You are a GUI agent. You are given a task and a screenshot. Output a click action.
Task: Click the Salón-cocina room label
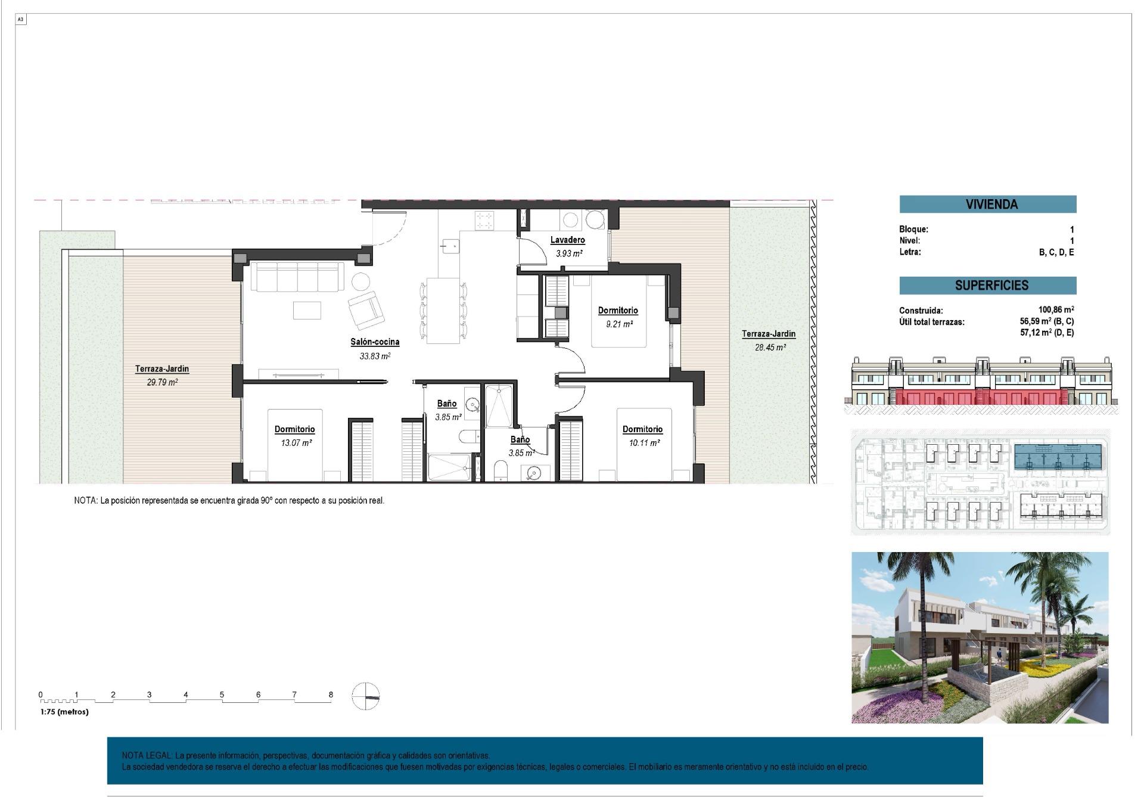(x=374, y=342)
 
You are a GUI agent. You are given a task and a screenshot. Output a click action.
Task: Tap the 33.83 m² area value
(x=374, y=357)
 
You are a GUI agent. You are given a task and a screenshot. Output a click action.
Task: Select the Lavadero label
(x=567, y=240)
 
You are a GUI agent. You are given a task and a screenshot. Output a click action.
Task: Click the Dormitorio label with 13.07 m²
(x=294, y=429)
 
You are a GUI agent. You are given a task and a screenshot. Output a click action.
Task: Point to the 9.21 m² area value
(x=618, y=324)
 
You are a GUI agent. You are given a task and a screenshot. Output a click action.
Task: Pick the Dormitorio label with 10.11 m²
(x=642, y=429)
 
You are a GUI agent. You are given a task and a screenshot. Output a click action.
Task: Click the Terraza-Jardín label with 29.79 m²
(x=161, y=369)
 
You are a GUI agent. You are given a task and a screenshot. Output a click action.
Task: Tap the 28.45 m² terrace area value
(x=769, y=348)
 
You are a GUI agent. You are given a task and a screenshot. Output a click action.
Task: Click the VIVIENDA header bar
(x=987, y=204)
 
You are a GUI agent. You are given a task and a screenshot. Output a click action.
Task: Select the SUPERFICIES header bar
(x=987, y=286)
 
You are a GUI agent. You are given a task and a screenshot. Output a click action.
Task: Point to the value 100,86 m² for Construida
(x=1055, y=310)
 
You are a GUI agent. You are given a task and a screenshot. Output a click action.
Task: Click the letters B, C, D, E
(x=1056, y=252)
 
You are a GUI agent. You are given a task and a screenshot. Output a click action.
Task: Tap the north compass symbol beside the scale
(x=365, y=696)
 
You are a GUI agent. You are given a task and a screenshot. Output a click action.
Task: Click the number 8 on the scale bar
(x=331, y=695)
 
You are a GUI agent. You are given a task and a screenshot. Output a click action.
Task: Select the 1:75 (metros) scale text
(x=64, y=712)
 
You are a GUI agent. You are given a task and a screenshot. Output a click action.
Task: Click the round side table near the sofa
(x=360, y=281)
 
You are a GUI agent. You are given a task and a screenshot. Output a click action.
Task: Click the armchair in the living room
(x=365, y=309)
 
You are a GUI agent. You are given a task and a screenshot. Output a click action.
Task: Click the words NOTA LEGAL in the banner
(x=147, y=755)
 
